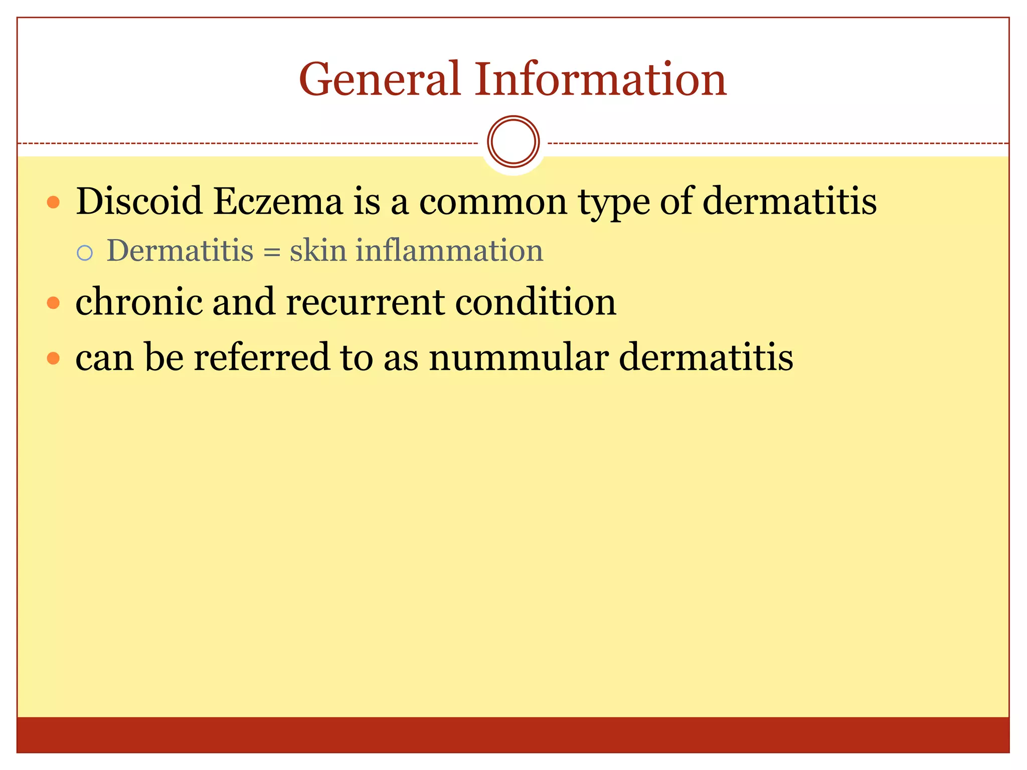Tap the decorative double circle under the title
coord(513,141)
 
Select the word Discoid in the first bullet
coord(138,202)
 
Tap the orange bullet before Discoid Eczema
coord(53,203)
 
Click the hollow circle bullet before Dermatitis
coord(85,253)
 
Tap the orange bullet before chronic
coord(53,303)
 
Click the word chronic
coord(138,302)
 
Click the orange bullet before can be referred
coord(53,358)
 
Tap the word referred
coord(261,357)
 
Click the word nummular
coord(519,358)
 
